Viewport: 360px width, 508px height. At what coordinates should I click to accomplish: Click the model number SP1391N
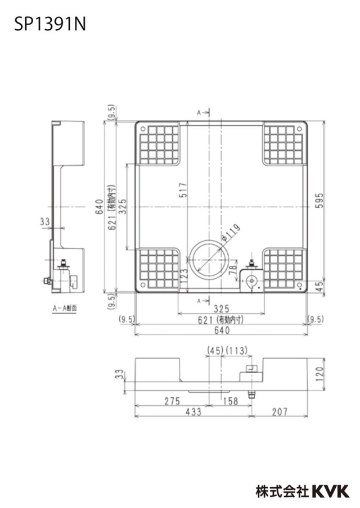click(50, 25)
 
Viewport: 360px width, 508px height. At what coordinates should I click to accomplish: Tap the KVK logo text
click(331, 491)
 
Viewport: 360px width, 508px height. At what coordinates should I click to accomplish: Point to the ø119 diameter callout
click(232, 232)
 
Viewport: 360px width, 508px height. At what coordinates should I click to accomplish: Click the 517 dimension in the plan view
click(183, 190)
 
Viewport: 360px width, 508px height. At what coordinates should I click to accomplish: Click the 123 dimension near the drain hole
click(183, 276)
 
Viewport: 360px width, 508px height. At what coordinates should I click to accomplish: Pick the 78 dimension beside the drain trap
click(233, 270)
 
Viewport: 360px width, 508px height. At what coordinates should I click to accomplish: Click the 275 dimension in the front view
click(172, 401)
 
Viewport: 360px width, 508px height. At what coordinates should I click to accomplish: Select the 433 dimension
click(193, 412)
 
